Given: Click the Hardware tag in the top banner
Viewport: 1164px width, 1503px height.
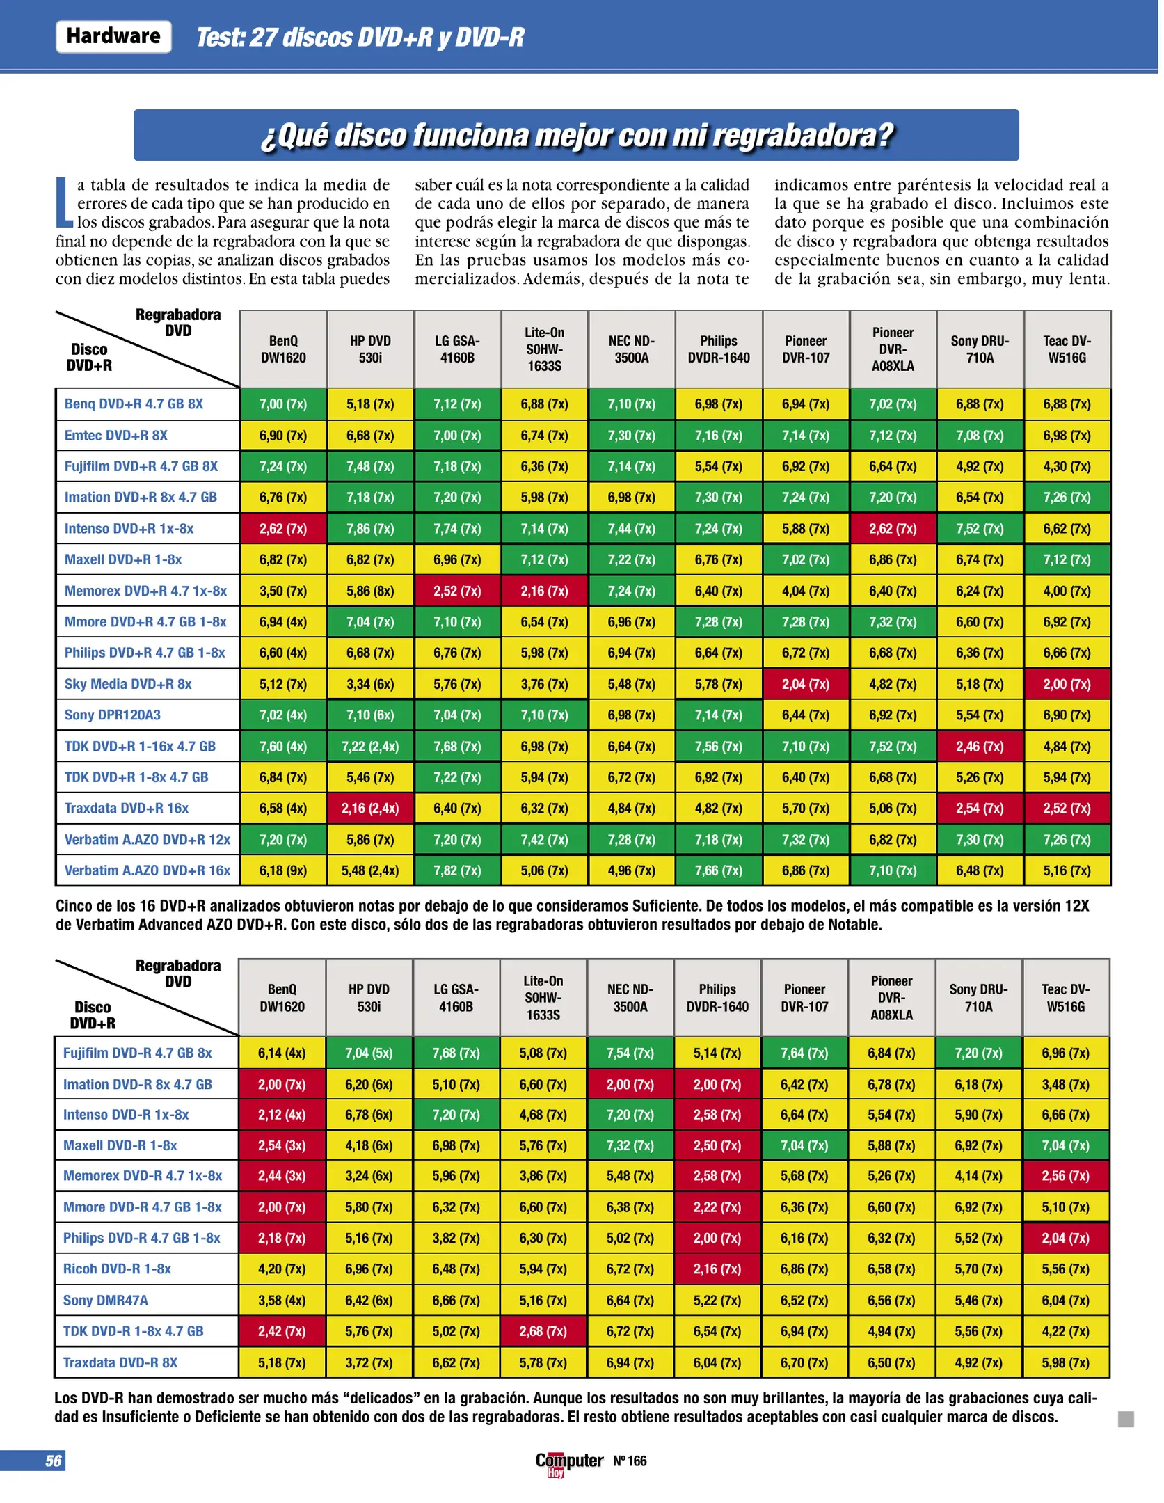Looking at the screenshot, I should [113, 36].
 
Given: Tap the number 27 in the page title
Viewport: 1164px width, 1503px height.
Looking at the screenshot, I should [263, 38].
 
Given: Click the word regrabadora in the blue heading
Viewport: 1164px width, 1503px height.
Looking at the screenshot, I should [803, 136].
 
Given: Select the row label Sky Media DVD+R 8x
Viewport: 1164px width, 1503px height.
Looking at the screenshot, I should [128, 684].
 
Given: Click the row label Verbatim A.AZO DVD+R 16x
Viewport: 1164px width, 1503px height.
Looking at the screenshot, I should [148, 870].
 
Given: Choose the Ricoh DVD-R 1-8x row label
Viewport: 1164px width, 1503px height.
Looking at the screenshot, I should [117, 1269].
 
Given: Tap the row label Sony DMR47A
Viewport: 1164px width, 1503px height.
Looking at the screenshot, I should [105, 1300].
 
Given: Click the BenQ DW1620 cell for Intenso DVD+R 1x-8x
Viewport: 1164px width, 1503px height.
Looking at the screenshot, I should [283, 529].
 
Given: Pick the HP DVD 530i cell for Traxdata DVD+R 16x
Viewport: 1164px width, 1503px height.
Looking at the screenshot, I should [370, 809].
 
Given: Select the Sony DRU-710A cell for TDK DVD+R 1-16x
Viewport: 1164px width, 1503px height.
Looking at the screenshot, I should [980, 747].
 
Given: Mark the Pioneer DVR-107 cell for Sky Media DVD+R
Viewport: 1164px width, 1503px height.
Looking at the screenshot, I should [806, 684].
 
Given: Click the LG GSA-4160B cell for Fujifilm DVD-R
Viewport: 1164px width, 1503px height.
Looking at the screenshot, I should [456, 1053].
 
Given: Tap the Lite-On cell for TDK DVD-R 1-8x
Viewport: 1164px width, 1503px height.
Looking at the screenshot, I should [543, 1331].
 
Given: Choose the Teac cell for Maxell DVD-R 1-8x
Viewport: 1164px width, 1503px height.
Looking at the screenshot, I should [1065, 1145].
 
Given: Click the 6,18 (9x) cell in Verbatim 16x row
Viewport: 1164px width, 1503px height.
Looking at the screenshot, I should [283, 870].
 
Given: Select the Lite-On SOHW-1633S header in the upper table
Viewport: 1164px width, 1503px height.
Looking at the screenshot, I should [544, 349].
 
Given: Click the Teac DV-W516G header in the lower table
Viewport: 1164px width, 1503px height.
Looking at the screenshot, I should [1065, 998].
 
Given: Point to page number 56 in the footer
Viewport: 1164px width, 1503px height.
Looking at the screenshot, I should [53, 1461].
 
